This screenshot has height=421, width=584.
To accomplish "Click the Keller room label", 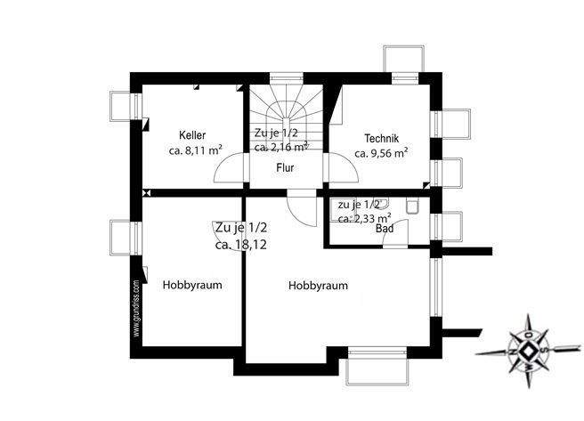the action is pos(192,135).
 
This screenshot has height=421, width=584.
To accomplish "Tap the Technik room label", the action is pos(381,138).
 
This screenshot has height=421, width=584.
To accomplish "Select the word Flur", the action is pos(285,167).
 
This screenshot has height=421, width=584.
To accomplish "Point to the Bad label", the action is pos(385,229).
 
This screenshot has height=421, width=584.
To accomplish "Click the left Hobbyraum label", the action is pos(191,286).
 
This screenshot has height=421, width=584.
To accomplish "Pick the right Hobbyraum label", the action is pos(318,286).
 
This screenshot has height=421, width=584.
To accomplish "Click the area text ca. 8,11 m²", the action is pos(195,151).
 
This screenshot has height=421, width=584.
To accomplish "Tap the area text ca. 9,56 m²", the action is pos(381,153).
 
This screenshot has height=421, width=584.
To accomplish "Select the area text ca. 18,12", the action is pos(240,243).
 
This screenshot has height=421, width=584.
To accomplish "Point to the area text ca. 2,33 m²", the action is pos(364,216).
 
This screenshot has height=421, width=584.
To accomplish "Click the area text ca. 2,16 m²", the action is pos(281,148).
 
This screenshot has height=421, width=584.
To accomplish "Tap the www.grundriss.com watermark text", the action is pos(136,308).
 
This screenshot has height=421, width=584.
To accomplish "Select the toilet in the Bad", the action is pos(411,206).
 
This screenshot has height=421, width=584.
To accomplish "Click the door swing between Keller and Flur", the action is pos(231,169).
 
